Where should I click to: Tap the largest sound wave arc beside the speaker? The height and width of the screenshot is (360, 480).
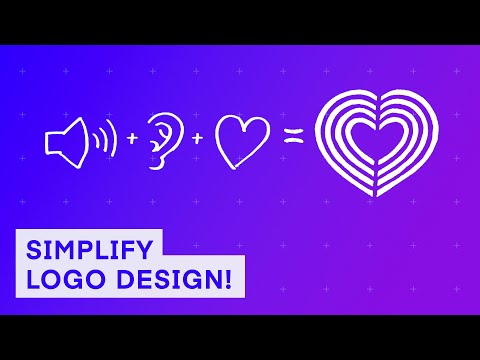(113, 141)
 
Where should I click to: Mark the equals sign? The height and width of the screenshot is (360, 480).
(293, 140)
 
